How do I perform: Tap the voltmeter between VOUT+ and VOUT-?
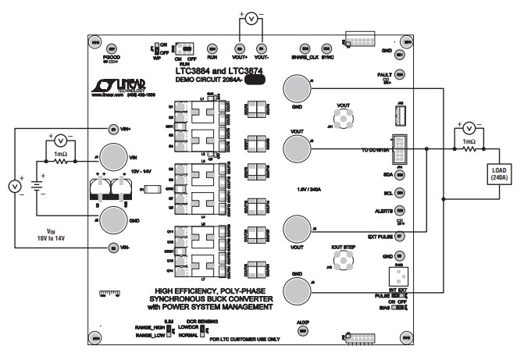point(250,17)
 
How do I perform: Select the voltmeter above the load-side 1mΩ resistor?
point(468,128)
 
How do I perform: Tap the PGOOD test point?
point(111,48)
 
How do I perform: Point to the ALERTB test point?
point(399,210)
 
